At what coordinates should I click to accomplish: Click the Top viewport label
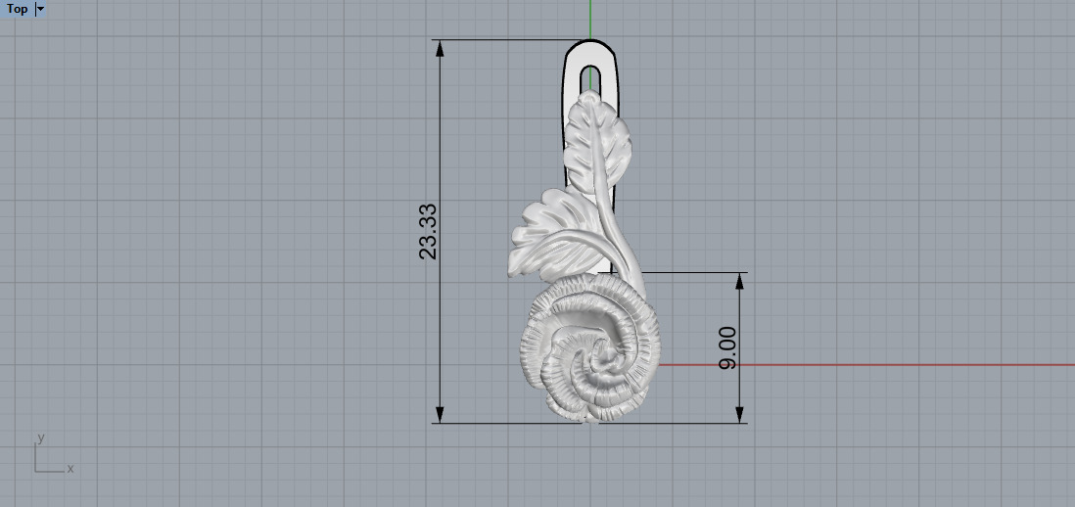click(x=17, y=9)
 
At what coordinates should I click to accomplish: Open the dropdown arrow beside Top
click(x=40, y=9)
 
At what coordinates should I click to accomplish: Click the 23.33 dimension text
click(x=429, y=231)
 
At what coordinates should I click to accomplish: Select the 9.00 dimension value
click(x=728, y=348)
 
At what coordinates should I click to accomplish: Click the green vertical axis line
click(x=590, y=20)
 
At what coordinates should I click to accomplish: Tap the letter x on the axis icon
click(x=70, y=469)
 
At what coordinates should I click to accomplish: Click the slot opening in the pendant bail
click(x=589, y=78)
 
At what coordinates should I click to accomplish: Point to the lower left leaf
click(x=544, y=235)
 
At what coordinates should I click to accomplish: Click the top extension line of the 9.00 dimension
click(x=695, y=272)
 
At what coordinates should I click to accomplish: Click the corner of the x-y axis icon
click(x=36, y=471)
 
